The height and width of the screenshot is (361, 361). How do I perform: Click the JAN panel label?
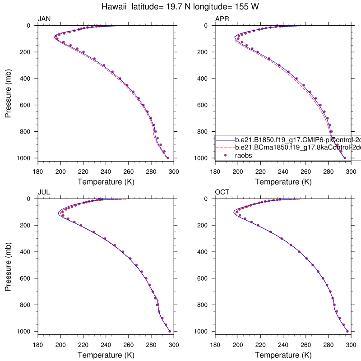click(44, 19)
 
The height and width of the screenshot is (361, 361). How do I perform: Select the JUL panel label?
click(44, 192)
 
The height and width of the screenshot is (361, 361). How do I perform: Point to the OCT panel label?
click(222, 192)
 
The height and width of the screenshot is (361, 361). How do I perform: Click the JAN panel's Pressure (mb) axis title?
click(8, 92)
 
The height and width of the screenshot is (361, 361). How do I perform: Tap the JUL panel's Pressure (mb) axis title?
click(8, 265)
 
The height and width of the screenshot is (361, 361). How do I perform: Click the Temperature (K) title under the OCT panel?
click(283, 355)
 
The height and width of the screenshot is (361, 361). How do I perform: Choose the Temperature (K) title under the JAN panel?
click(106, 182)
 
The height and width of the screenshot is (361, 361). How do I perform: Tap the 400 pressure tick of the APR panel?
click(204, 79)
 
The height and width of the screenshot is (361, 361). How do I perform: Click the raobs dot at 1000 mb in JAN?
click(168, 158)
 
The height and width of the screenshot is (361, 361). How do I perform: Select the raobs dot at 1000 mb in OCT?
click(347, 331)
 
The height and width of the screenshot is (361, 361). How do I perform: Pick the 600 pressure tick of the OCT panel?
click(204, 278)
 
